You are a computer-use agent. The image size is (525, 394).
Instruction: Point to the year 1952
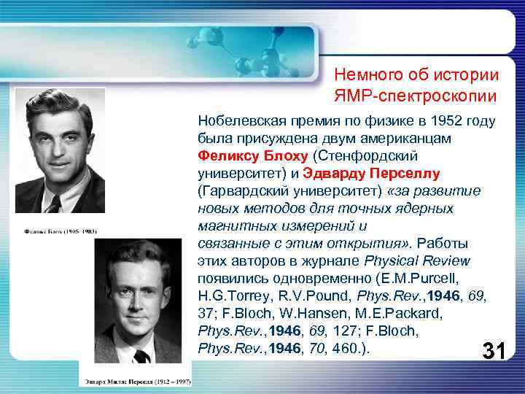449,121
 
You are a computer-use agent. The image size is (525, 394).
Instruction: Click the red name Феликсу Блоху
252,156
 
